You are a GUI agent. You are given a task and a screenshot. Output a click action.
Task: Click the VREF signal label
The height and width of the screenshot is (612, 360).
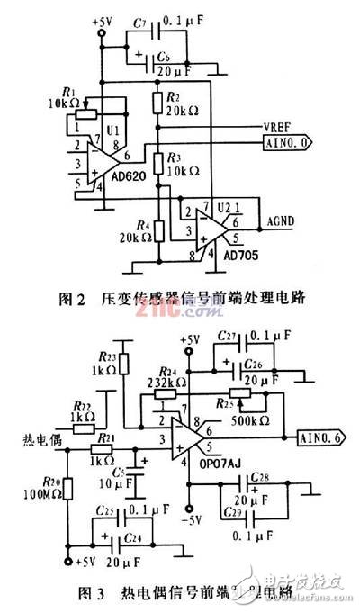pos(252,128)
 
